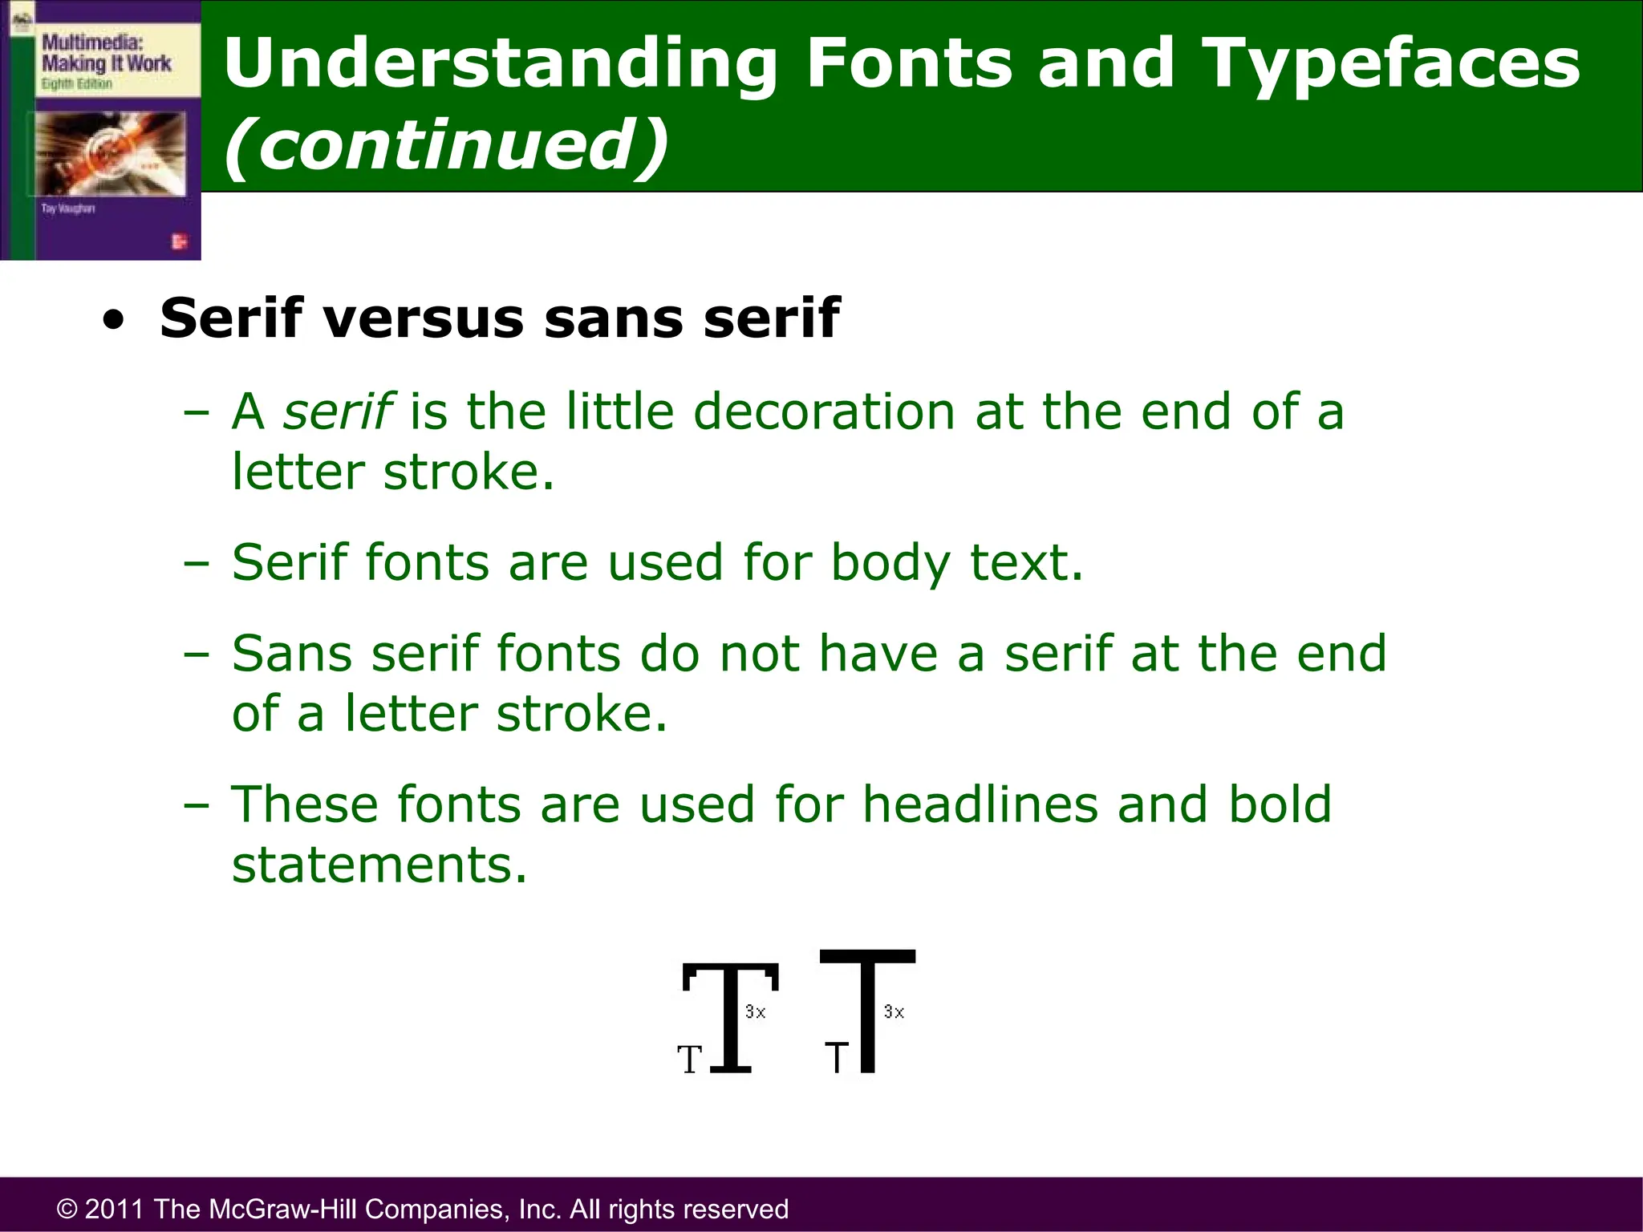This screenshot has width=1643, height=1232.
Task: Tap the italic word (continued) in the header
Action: tap(446, 144)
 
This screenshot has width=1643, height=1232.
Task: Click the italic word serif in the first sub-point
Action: tap(338, 411)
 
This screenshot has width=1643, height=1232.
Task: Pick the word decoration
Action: tap(823, 411)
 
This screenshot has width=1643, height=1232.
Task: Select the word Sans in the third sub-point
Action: tap(292, 653)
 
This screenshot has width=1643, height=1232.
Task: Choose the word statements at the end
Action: tap(379, 865)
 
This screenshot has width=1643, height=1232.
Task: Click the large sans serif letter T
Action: tap(867, 1011)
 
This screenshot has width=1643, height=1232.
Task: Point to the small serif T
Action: tap(690, 1060)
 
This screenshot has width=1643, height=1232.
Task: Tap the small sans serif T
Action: tap(837, 1058)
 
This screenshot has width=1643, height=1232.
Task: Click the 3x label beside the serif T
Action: tap(756, 1012)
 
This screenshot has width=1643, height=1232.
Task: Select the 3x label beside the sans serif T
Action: tap(894, 1012)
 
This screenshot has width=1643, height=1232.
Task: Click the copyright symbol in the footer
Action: tap(67, 1209)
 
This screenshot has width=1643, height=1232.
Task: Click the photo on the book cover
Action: tap(111, 152)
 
